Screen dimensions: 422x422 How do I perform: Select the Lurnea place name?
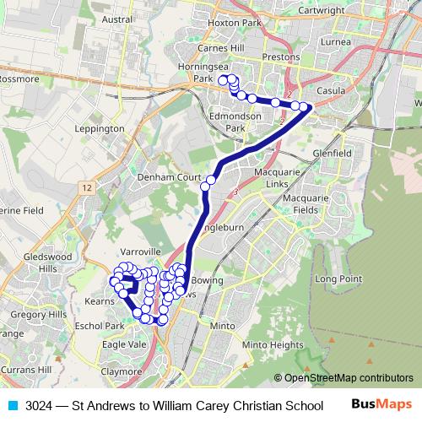(334, 41)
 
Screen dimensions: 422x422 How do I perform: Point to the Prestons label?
(281, 57)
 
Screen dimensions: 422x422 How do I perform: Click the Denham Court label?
(165, 179)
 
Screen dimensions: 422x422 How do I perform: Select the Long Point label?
(338, 279)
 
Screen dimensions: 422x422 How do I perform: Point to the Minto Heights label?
(272, 345)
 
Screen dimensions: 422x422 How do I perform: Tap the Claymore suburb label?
(122, 371)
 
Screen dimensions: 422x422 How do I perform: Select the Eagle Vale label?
(124, 344)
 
